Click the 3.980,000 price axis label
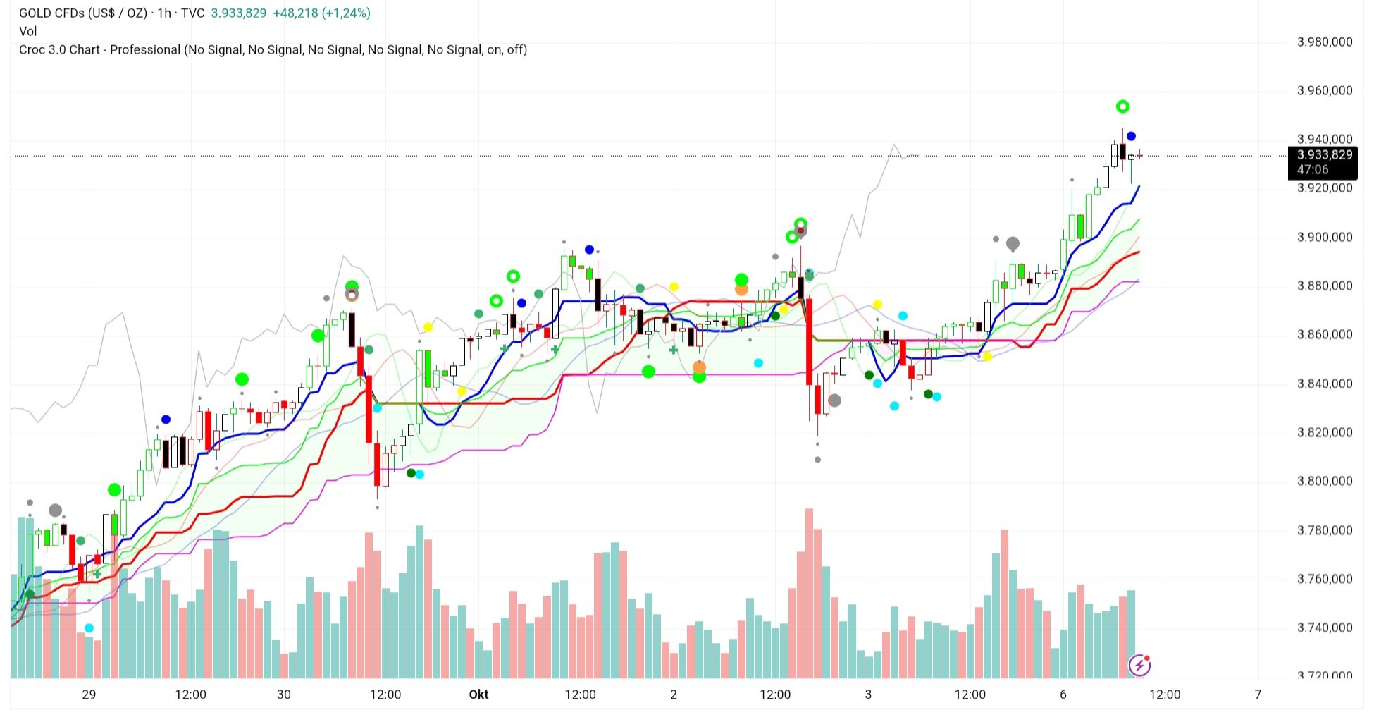coord(1324,42)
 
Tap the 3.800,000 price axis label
coord(1324,482)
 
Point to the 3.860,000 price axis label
coord(1324,335)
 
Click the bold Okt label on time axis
coord(478,695)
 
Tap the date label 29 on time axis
coord(89,695)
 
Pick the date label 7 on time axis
coord(1258,695)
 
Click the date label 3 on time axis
coord(868,695)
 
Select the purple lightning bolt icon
coord(1139,665)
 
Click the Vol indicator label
coord(28,31)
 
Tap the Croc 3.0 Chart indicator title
coord(99,50)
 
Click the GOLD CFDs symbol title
coord(82,13)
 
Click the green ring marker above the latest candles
coord(1122,106)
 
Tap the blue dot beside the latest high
coord(1131,136)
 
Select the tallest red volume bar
coord(809,592)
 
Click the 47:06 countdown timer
coord(1313,170)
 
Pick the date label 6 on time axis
coord(1063,695)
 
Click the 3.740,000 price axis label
coord(1324,628)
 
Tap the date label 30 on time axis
coord(283,695)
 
